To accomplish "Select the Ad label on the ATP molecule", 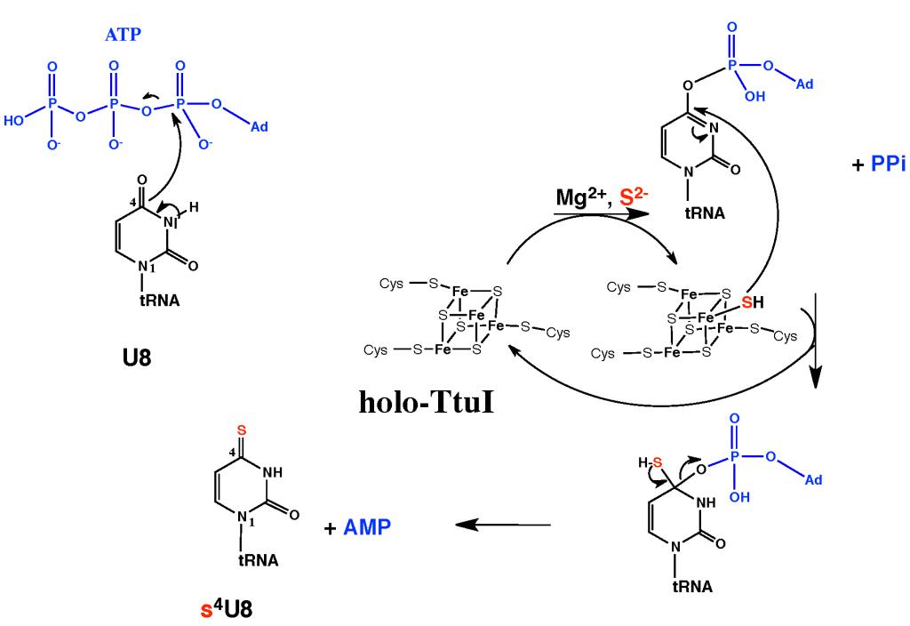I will click(x=259, y=127).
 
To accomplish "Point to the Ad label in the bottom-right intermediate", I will click(x=810, y=480).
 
